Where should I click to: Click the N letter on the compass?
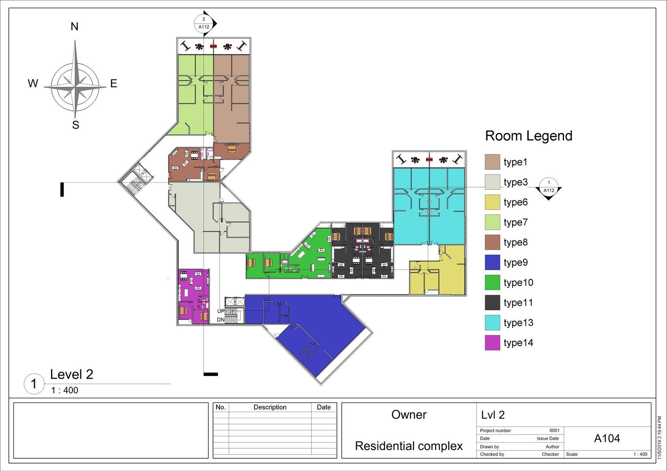coord(75,27)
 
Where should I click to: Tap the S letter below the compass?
coord(76,125)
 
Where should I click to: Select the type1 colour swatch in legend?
coord(492,162)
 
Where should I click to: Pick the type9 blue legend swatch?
coord(492,262)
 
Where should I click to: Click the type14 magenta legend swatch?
coord(492,343)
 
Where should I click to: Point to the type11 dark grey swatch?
coord(492,303)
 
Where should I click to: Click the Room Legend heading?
coord(529,136)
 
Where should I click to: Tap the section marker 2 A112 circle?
coord(204,23)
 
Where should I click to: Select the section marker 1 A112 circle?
coord(549,187)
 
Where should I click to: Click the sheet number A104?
coord(607,438)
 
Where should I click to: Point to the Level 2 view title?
coord(72,374)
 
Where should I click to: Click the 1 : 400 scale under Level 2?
coord(65,390)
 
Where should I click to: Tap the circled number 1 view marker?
coord(34,384)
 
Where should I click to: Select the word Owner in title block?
coord(409,415)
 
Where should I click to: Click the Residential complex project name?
coord(409,446)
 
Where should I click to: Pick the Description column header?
coord(270,407)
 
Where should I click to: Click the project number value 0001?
coord(554,430)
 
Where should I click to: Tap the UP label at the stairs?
coord(221,311)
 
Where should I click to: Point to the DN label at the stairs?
coord(221,320)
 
